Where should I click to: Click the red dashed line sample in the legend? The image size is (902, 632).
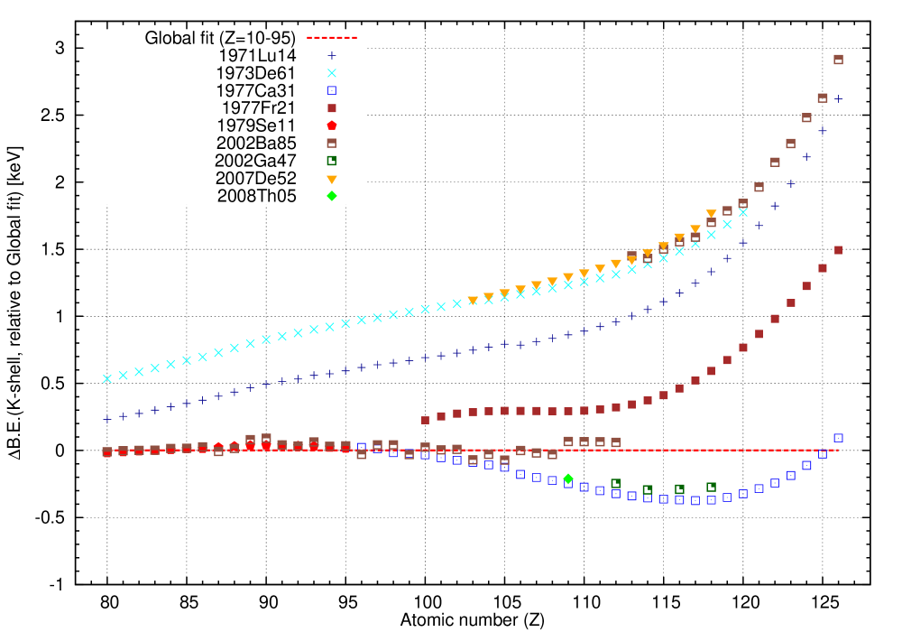332,38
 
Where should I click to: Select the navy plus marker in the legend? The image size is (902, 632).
332,56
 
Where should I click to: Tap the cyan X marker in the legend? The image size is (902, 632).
332,73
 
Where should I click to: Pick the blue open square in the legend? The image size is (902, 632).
332,90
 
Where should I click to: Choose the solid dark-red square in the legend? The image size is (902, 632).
332,108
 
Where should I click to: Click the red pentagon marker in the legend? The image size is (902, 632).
332,125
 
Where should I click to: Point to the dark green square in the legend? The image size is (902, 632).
332,161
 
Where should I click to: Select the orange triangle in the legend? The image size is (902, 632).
332,179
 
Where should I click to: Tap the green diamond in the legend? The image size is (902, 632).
332,196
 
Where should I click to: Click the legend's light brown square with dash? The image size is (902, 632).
332,143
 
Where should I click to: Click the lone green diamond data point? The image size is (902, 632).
568,479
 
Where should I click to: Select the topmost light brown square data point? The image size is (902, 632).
838,60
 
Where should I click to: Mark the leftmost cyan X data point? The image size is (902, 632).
107,378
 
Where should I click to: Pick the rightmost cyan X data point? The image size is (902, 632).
743,212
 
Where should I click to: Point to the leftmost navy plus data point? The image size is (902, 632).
107,419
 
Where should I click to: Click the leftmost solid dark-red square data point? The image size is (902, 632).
426,420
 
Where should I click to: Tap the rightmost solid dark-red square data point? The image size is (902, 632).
838,250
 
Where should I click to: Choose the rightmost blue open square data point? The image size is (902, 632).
838,438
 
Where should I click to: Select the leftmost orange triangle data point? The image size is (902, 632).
473,301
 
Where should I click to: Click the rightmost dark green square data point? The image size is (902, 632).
711,487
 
